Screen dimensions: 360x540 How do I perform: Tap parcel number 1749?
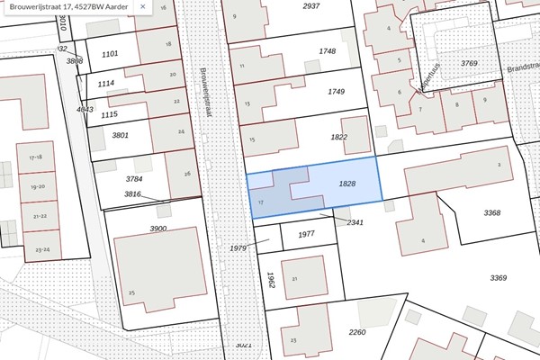click(336, 92)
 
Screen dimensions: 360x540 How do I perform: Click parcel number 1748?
click(327, 51)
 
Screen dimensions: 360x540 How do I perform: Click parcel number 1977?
click(306, 234)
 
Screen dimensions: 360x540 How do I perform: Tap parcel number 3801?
click(121, 136)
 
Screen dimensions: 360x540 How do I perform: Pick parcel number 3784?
click(134, 180)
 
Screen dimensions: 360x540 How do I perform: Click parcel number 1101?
click(110, 54)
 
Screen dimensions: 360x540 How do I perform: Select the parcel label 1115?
click(109, 114)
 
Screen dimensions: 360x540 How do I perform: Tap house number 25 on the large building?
click(131, 293)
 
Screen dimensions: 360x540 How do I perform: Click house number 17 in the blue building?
click(260, 203)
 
